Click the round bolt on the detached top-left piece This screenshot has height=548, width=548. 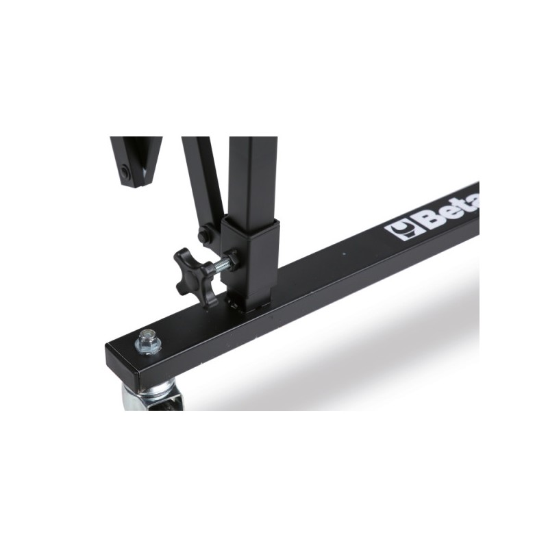point(125,172)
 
